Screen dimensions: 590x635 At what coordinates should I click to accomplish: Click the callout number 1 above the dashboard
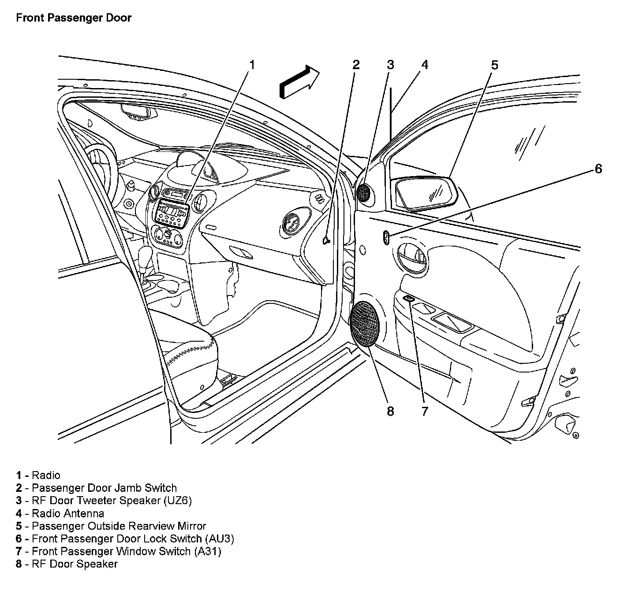[x=252, y=65]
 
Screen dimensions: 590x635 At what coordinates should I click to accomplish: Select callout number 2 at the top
[x=356, y=65]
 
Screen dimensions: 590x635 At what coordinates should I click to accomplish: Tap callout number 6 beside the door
[x=598, y=169]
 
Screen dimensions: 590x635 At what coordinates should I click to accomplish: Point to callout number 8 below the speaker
[x=390, y=411]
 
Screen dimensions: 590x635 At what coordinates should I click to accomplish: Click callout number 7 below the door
[x=424, y=411]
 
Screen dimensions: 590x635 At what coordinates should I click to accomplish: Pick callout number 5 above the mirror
[x=494, y=65]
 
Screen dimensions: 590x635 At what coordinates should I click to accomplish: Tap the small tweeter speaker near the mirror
[x=364, y=192]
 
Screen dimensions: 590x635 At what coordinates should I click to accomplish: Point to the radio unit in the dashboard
[x=172, y=211]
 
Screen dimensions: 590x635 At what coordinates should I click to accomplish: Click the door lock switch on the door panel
[x=386, y=238]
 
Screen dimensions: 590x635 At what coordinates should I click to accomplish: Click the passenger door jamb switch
[x=326, y=240]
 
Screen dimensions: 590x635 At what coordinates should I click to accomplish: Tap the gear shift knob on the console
[x=146, y=255]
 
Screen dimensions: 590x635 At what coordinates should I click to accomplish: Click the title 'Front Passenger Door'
[x=74, y=18]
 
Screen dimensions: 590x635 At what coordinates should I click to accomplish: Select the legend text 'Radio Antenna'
[x=68, y=513]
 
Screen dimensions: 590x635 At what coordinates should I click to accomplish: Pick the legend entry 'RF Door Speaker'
[x=75, y=564]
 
